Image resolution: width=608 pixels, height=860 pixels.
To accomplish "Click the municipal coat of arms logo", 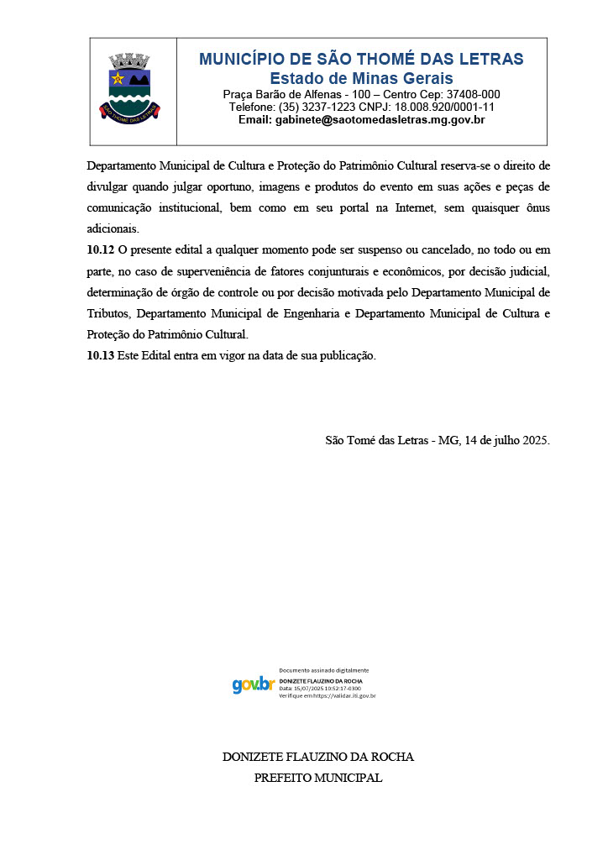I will (x=129, y=86).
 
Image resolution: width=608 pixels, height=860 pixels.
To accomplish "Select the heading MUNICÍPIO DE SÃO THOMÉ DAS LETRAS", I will (x=361, y=59).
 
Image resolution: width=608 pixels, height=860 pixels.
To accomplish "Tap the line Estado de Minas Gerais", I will (x=361, y=78).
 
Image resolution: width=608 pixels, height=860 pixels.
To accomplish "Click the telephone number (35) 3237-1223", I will (x=315, y=107).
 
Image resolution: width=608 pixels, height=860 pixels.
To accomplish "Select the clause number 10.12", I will (x=101, y=250).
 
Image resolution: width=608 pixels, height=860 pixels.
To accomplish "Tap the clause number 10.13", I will (x=101, y=355).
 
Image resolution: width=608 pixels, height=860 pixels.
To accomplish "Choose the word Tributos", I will (x=108, y=313).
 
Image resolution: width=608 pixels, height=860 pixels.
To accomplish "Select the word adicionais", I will (x=113, y=228).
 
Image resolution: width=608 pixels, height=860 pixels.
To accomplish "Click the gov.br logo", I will (x=253, y=684).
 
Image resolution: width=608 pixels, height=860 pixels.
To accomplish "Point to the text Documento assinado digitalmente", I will (x=323, y=670).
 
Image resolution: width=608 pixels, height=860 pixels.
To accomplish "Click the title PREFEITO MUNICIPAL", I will (x=317, y=778).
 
